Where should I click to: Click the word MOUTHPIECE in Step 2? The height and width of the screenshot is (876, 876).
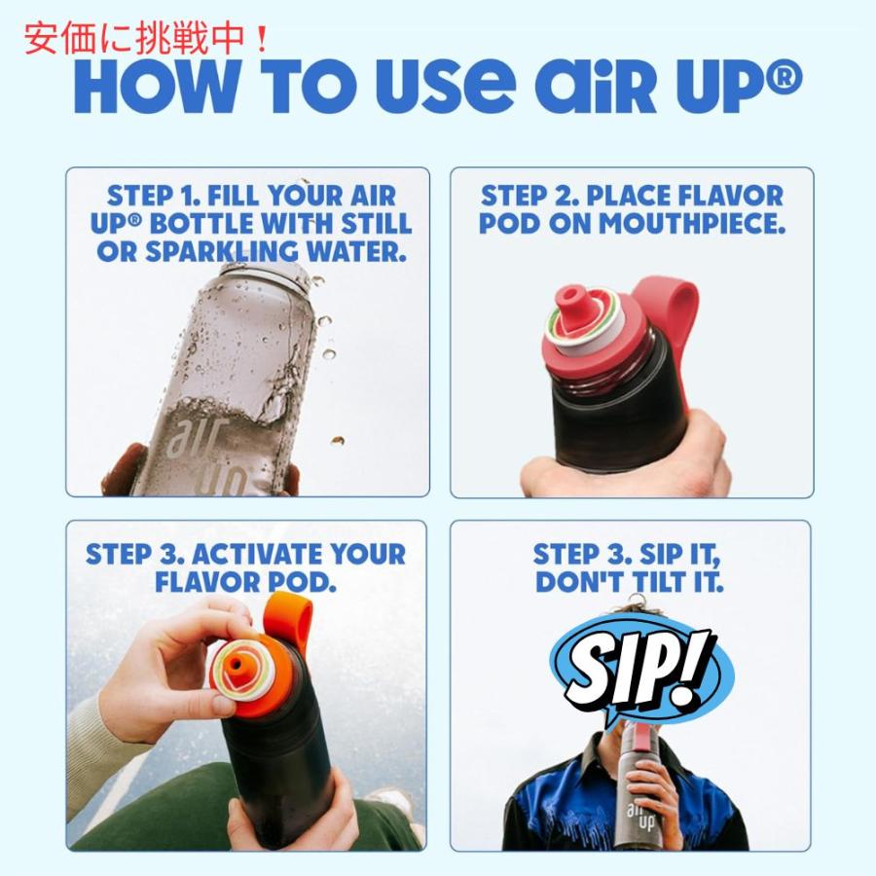[692, 223]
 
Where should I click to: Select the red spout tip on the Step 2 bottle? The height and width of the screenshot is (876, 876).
[567, 297]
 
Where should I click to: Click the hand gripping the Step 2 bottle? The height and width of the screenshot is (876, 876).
[623, 462]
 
